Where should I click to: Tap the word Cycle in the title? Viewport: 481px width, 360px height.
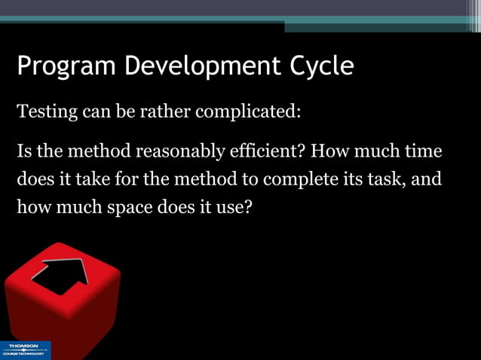point(322,66)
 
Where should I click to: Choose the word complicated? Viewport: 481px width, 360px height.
point(247,113)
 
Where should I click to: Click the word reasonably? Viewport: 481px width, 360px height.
point(179,151)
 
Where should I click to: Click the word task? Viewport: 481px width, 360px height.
point(383,181)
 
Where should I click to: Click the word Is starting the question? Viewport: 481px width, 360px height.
point(24,151)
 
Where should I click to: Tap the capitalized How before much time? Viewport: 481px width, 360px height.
point(329,151)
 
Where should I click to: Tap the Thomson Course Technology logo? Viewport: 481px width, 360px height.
point(26,350)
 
